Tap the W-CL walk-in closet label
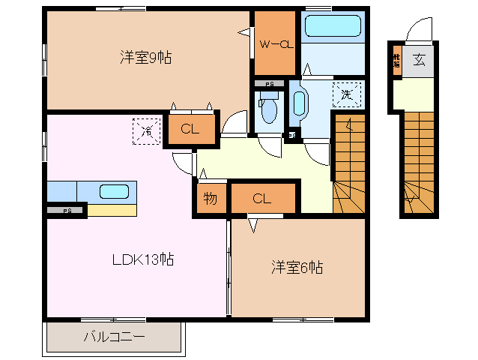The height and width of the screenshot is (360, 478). (x=274, y=44)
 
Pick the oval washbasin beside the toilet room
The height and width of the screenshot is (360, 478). (x=300, y=103)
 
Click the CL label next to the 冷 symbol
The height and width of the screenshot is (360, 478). (x=190, y=129)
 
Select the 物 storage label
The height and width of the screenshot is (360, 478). (x=211, y=199)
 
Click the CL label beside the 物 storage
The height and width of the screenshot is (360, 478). (x=261, y=199)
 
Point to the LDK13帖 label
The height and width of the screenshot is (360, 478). (x=143, y=260)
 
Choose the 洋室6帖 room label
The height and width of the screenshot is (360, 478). (x=297, y=267)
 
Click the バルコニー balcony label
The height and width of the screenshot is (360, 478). (x=114, y=337)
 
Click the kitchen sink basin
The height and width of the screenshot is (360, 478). (x=115, y=191)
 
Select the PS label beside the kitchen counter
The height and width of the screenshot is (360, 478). (x=67, y=211)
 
